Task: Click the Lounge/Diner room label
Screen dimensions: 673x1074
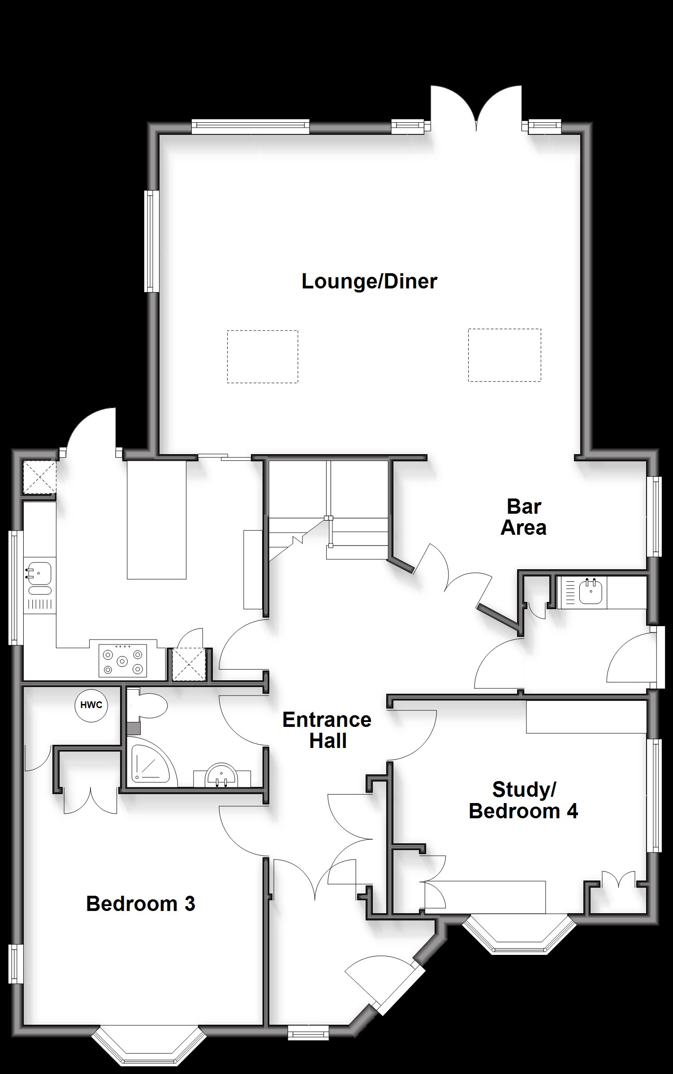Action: point(369,282)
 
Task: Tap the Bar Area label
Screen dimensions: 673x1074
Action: point(523,517)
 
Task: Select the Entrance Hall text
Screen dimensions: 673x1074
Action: point(327,730)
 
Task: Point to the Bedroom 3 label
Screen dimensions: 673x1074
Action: point(141,903)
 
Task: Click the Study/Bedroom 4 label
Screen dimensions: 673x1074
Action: point(523,800)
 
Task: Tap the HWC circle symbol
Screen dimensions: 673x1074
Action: point(91,705)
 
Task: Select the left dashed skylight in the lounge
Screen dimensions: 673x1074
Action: point(263,357)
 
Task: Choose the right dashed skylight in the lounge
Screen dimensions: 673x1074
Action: point(505,355)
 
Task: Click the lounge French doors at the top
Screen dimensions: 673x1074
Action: point(477,107)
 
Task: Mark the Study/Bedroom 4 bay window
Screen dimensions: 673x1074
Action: point(519,934)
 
